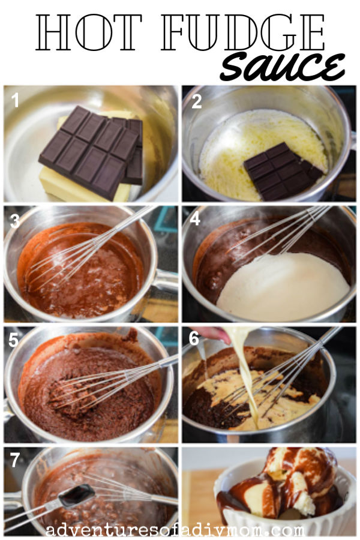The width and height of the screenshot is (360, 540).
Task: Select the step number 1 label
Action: coord(16,101)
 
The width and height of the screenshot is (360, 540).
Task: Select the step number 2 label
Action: coord(196,101)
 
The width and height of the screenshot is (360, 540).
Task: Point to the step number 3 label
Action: coord(15,220)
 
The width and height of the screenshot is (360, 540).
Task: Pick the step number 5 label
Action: coord(15,340)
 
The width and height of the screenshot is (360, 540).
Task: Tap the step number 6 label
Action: coord(194,339)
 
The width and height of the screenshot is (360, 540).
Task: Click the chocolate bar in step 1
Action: coord(92,151)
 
